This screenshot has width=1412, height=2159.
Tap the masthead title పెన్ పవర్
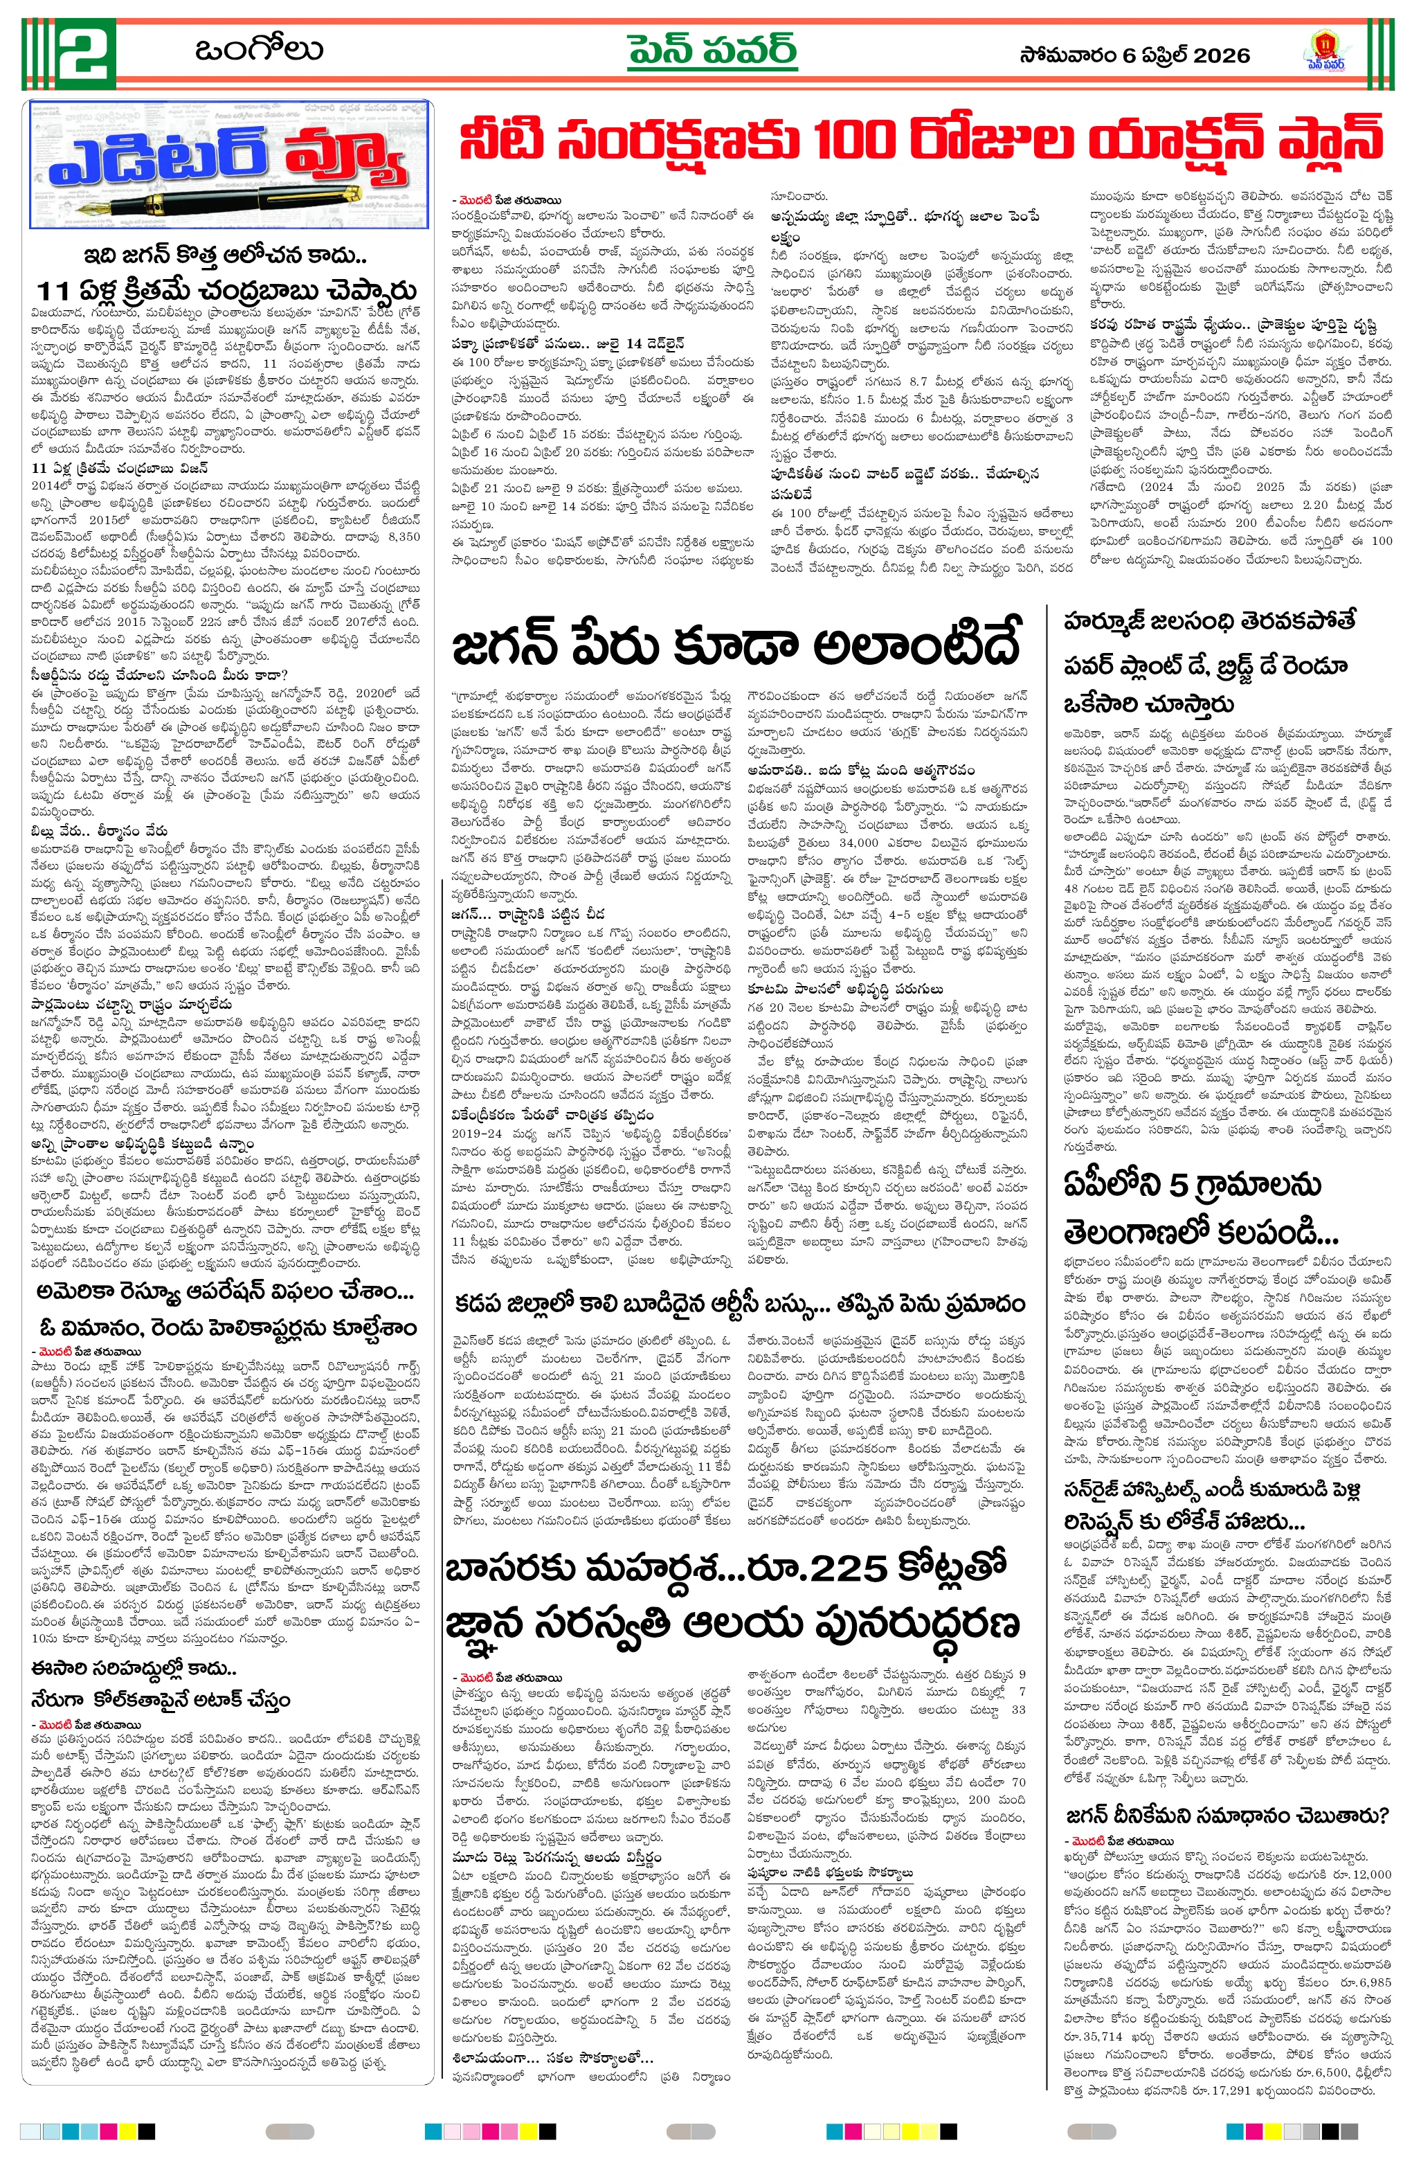pos(712,52)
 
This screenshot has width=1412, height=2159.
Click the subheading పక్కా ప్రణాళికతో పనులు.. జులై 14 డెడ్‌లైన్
pos(569,344)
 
